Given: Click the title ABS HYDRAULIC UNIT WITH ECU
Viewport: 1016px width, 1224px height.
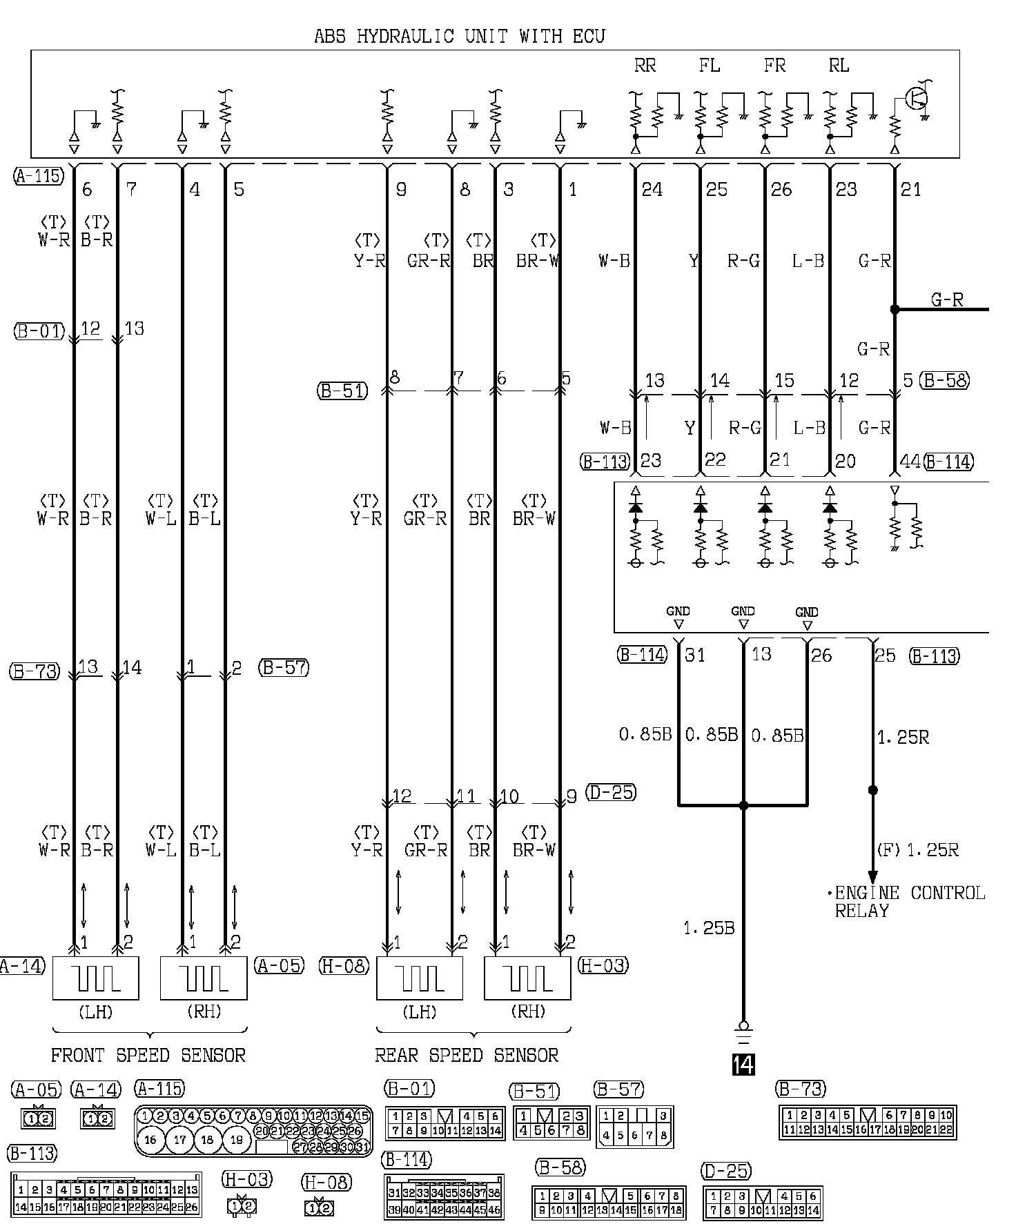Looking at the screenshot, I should (459, 36).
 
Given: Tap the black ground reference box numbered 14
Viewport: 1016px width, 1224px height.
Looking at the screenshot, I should (743, 1065).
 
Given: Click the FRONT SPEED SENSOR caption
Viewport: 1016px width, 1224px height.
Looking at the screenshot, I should (148, 1055).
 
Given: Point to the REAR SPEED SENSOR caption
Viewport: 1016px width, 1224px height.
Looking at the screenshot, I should (467, 1055).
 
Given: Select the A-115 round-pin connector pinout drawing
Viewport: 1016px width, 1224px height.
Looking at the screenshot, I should (253, 1132).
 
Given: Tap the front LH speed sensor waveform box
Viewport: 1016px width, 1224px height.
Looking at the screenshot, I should (96, 978).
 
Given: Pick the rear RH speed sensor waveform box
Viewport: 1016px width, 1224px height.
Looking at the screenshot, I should (527, 978).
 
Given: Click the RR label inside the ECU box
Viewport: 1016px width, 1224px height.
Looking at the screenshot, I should (645, 66).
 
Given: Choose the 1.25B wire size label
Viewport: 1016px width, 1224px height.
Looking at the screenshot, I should (709, 928).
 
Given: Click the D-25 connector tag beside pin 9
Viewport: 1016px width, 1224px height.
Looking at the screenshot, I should (611, 792).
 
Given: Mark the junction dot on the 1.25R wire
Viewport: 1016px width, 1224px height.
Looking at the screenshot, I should (872, 790).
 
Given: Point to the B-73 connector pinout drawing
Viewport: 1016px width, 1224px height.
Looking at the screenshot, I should (867, 1123).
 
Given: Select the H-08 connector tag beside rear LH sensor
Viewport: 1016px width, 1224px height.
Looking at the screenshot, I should (344, 965).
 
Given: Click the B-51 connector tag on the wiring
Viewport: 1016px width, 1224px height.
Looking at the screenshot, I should (342, 391).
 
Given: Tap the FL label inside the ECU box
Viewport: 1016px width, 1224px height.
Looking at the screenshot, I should (709, 66).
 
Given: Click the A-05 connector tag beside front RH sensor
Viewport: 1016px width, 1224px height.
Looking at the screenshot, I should (279, 965).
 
